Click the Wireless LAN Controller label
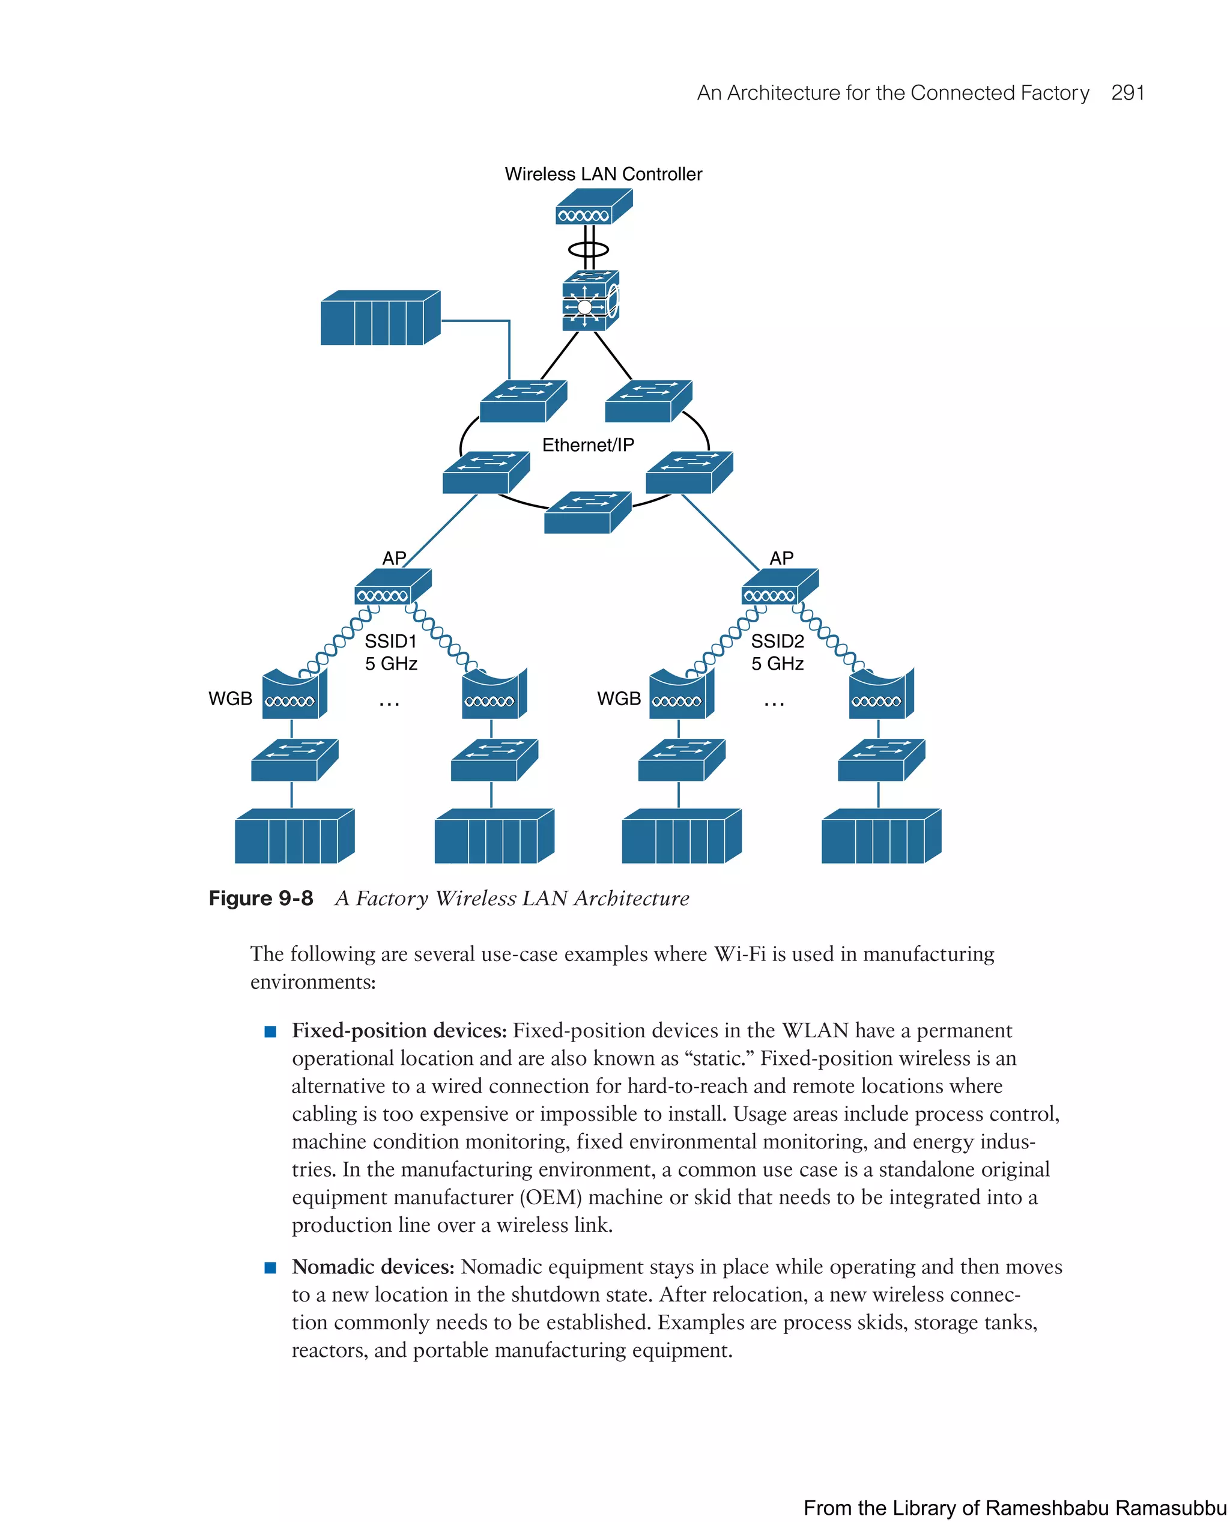pos(603,174)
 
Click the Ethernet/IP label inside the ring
pos(588,445)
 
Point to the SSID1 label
pos(390,641)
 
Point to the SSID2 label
pos(777,641)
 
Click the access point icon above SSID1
pos(393,586)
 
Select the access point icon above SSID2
pos(780,586)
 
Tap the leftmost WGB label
pos(230,699)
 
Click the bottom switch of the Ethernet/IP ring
pos(587,512)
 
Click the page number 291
pos(1127,93)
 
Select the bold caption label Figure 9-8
pos(261,899)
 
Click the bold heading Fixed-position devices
pos(399,1030)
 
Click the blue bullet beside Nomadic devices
pos(270,1267)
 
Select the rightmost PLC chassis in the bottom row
pos(880,836)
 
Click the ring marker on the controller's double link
pos(588,249)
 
